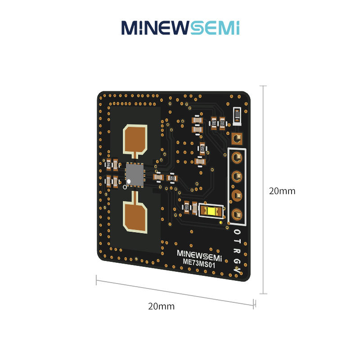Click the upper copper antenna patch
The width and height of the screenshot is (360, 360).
pyautogui.click(x=135, y=139)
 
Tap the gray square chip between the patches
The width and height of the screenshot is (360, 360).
pyautogui.click(x=135, y=175)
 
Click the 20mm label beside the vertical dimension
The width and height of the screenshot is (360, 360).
pyautogui.click(x=282, y=191)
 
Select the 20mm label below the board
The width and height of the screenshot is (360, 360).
pyautogui.click(x=161, y=306)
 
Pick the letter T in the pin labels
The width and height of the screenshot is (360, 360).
pyautogui.click(x=237, y=242)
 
